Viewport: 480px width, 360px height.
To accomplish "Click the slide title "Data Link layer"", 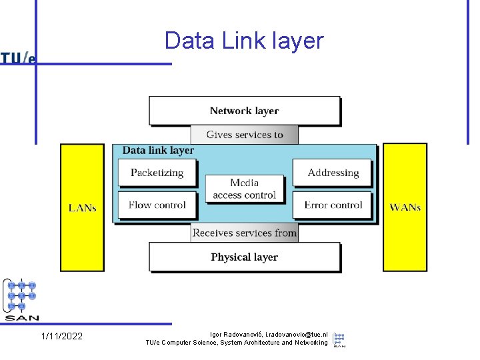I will coord(244,41).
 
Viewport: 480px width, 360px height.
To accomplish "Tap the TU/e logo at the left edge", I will coord(18,58).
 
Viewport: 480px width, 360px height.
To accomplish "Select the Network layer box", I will coord(244,111).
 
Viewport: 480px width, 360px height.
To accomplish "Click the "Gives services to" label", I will coord(245,135).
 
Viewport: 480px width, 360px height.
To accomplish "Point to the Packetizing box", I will coord(157,173).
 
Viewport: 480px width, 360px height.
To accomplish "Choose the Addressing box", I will coord(333,173).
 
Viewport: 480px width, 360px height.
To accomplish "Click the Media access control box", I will coord(244,189).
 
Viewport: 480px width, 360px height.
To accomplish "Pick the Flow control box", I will coord(157,205).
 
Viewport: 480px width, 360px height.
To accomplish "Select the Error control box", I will coord(333,205).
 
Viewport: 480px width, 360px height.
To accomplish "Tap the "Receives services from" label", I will coord(244,233).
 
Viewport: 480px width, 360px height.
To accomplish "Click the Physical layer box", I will coord(244,257).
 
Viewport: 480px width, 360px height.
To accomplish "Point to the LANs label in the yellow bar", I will coord(83,208).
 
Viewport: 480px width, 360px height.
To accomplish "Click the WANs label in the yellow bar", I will coord(405,207).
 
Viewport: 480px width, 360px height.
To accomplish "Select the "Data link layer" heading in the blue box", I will coord(158,151).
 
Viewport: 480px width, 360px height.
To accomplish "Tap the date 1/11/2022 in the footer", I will coord(62,336).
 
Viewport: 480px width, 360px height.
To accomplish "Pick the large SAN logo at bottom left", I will coord(21,299).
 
